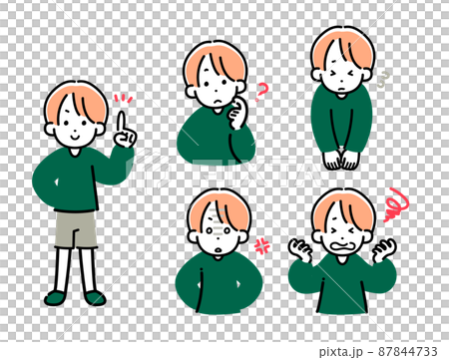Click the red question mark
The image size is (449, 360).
pyautogui.click(x=262, y=94)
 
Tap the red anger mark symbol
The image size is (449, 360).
pyautogui.click(x=264, y=244)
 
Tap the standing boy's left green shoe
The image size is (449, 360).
pyautogui.click(x=55, y=297)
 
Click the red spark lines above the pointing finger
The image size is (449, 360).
pyautogui.click(x=123, y=99)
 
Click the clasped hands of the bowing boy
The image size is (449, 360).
pyautogui.click(x=341, y=159)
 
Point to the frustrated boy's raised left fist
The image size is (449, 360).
pyautogui.click(x=299, y=249)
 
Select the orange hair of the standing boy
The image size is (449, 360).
pyautogui.click(x=75, y=98)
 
